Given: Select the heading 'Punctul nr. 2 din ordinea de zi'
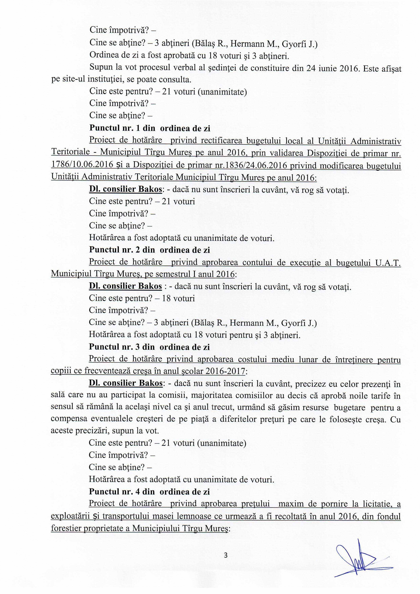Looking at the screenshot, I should (149, 250).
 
